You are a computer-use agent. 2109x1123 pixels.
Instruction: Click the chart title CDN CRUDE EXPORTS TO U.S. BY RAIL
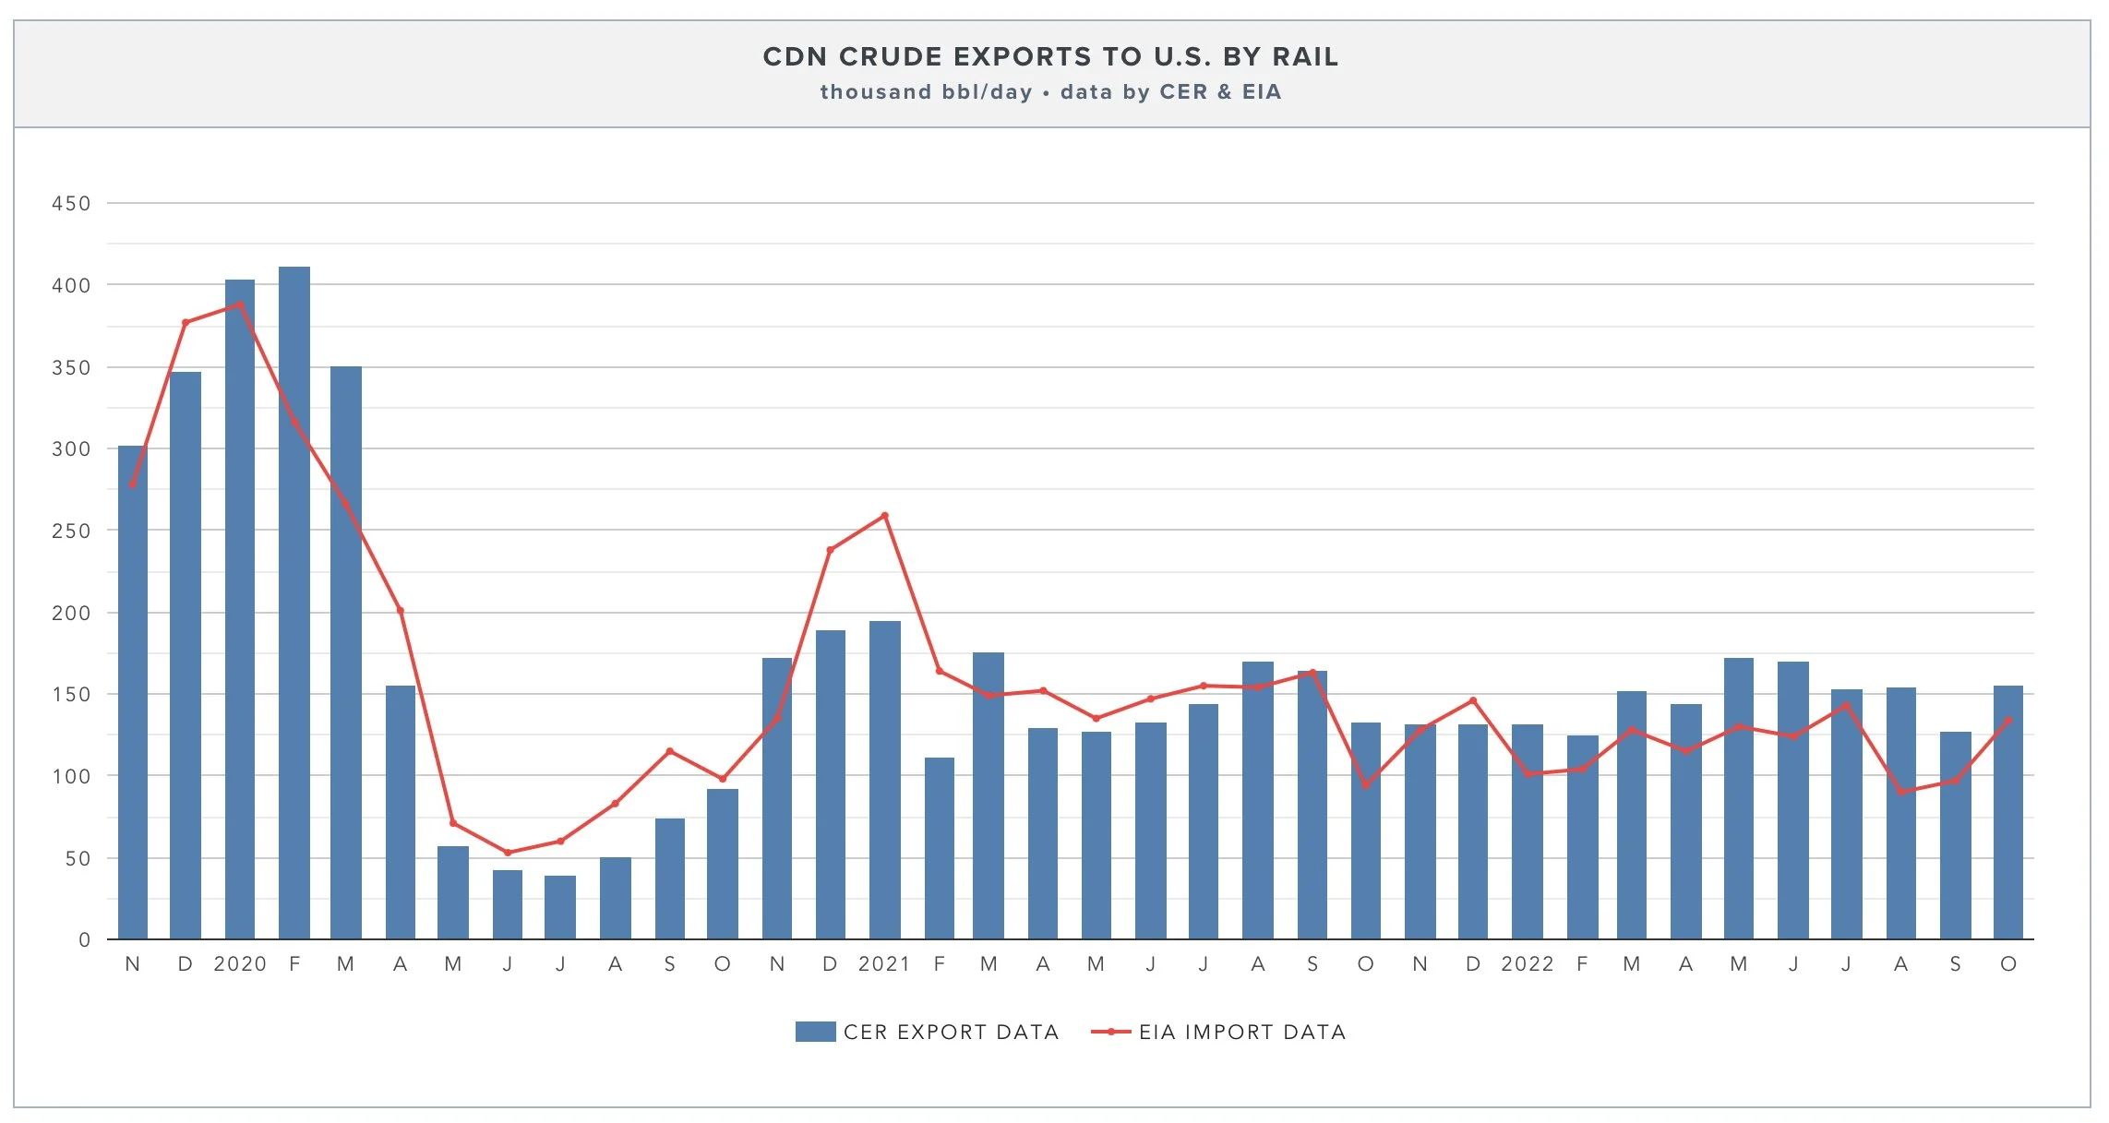(1050, 57)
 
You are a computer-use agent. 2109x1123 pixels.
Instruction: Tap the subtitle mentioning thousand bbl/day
(1050, 92)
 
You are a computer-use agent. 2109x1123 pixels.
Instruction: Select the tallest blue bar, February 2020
(294, 600)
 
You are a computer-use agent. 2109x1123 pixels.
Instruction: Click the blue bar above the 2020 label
(240, 609)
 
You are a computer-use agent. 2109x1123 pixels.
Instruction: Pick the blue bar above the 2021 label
(884, 780)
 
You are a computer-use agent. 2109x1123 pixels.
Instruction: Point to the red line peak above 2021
(884, 516)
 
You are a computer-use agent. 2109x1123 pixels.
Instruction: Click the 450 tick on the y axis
(71, 204)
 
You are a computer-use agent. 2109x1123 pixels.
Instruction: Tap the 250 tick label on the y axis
(71, 532)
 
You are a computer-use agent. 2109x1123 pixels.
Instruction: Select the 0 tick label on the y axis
(84, 940)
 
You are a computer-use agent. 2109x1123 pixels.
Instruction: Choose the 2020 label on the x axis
(240, 964)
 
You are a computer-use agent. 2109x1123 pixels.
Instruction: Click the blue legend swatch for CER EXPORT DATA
(815, 1032)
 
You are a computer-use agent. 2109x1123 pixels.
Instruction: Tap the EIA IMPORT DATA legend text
(1242, 1032)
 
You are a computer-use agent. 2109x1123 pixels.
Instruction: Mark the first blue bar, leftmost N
(133, 692)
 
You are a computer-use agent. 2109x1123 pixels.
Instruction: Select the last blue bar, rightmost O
(2007, 812)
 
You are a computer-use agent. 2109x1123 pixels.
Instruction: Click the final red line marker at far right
(2007, 721)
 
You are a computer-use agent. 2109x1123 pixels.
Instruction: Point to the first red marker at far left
(133, 484)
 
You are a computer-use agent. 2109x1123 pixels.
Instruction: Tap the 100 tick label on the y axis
(71, 777)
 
